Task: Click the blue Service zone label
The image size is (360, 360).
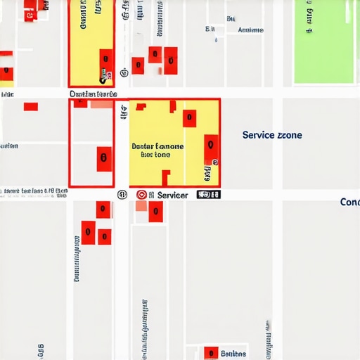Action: [272, 134]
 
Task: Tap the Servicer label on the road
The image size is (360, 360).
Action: [172, 195]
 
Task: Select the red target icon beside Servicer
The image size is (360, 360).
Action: [141, 195]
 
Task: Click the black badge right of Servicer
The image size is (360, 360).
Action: [205, 195]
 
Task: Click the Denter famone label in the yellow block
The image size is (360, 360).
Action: [157, 146]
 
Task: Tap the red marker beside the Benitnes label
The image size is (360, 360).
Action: [210, 353]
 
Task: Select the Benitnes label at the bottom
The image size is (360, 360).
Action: [233, 353]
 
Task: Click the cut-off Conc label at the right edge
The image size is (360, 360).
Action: [349, 202]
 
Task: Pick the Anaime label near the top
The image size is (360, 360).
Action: [251, 30]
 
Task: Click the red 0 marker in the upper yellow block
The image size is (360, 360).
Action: [106, 60]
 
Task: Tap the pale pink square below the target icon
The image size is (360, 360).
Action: [141, 206]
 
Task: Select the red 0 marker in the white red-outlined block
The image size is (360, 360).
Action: [104, 159]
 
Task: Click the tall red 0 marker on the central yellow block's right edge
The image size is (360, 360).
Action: [210, 148]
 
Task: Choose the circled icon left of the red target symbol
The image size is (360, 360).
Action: [122, 195]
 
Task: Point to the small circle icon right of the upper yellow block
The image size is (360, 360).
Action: [124, 72]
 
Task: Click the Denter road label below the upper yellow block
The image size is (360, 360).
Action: [93, 94]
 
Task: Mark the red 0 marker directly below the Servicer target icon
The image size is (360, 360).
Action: [155, 211]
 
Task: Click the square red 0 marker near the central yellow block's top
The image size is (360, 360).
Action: [189, 117]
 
